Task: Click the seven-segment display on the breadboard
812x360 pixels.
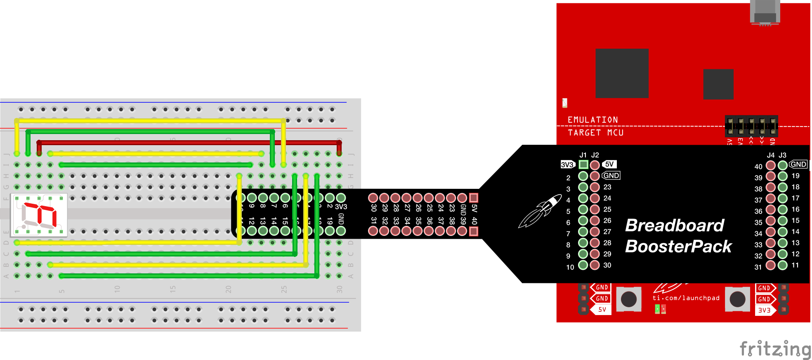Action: tap(39, 215)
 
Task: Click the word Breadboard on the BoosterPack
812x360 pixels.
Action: tap(675, 226)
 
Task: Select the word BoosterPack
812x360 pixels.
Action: tap(678, 247)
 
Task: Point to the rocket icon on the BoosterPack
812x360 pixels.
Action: tap(540, 211)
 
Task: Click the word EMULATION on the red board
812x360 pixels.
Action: tap(592, 120)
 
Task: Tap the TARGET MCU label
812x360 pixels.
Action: tap(595, 133)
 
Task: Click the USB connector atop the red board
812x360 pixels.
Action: tap(765, 12)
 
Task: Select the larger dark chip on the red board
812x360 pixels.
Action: tap(622, 73)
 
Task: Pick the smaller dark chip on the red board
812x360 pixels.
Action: tap(718, 84)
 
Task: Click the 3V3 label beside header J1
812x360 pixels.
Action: tap(567, 165)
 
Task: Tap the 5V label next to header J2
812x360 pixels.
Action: tap(609, 164)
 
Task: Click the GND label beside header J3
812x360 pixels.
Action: tap(798, 164)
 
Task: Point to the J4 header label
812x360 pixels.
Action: tap(770, 155)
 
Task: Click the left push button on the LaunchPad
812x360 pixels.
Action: tap(629, 299)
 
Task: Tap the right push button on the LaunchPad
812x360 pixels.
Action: tap(737, 299)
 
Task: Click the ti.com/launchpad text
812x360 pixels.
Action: tap(686, 298)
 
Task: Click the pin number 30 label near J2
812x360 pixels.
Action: tap(607, 265)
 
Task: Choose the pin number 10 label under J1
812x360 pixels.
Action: tap(570, 267)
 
